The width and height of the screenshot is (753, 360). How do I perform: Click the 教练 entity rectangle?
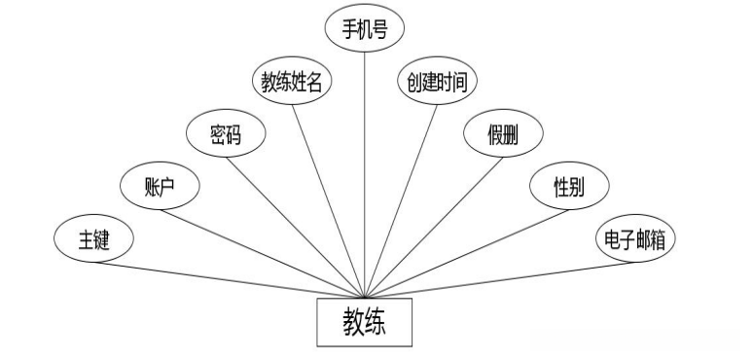pos(365,322)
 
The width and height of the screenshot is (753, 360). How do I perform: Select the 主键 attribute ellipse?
pos(93,239)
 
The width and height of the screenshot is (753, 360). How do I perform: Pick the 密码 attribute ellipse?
pos(225,135)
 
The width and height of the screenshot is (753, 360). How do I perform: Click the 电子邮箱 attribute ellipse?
pos(633,239)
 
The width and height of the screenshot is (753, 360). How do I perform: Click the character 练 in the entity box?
pos(380,322)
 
